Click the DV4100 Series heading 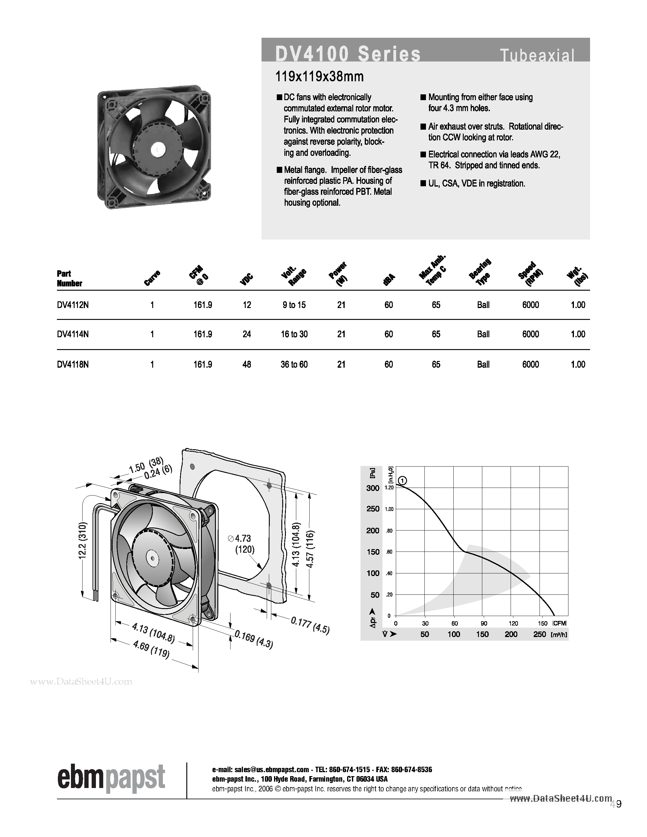(x=348, y=54)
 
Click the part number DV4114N (x=73, y=334)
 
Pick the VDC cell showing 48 (x=247, y=364)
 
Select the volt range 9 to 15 (x=294, y=305)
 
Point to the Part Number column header (x=69, y=278)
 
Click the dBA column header (x=389, y=280)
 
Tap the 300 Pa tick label (x=373, y=488)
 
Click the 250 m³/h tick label (x=539, y=634)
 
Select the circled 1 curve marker (x=402, y=481)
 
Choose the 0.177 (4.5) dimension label (x=310, y=625)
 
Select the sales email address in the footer (x=260, y=769)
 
